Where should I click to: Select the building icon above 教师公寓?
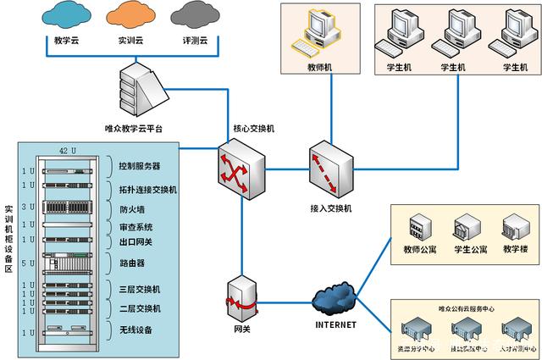click(419, 228)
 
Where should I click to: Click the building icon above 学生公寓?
click(467, 228)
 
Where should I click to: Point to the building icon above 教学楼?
click(515, 228)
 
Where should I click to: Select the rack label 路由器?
click(135, 263)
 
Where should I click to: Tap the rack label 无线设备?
click(140, 330)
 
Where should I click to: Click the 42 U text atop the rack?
click(68, 150)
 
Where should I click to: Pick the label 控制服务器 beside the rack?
click(141, 165)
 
